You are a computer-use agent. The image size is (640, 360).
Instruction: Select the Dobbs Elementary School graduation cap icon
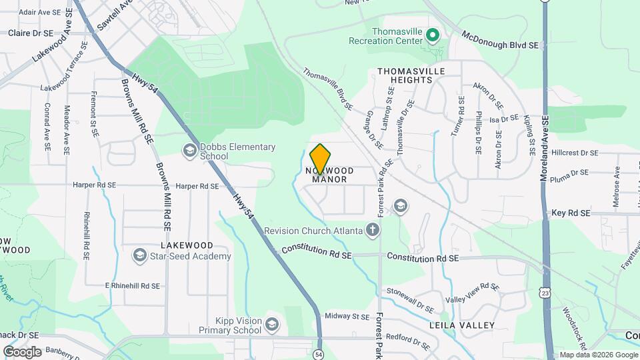tap(190, 151)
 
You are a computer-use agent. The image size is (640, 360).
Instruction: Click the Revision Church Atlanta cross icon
tap(373, 231)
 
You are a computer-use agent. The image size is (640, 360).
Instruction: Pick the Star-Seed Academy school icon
tap(139, 255)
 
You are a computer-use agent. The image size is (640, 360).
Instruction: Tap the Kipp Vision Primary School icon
tap(271, 324)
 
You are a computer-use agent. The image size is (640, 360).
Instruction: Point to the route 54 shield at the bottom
tap(319, 354)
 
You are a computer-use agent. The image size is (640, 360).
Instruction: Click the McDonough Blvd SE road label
tap(499, 39)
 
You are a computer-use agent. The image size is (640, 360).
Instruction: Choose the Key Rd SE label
tap(571, 213)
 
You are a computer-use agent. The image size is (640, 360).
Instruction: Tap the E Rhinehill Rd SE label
tap(133, 285)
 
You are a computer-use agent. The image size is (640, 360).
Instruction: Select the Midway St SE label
tap(347, 316)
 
